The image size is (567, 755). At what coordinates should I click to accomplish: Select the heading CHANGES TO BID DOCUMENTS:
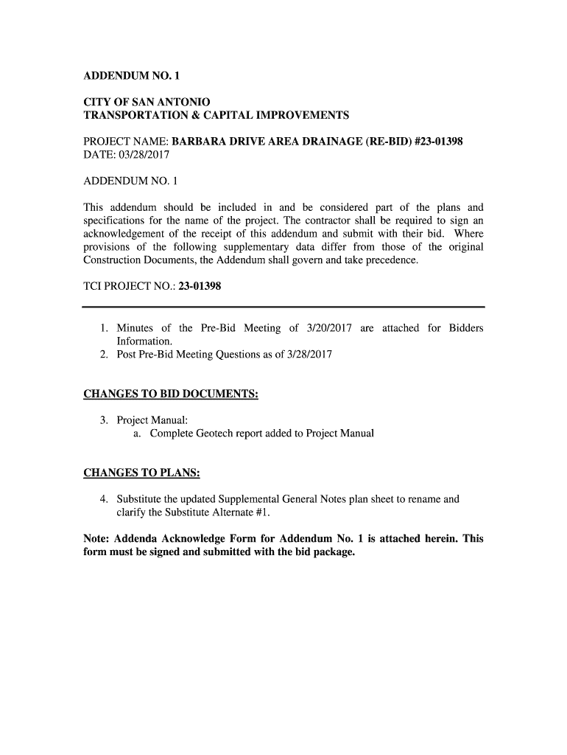(x=171, y=394)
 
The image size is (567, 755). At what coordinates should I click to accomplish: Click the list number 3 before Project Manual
(x=105, y=420)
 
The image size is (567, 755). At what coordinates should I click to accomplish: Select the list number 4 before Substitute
(x=105, y=499)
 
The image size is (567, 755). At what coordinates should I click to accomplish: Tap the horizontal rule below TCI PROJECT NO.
(x=283, y=306)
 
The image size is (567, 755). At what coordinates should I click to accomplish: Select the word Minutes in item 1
(x=135, y=328)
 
